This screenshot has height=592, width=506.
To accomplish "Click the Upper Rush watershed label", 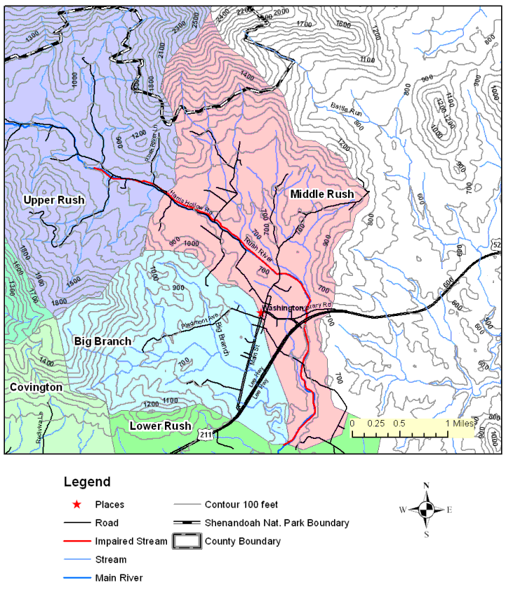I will click(x=54, y=200).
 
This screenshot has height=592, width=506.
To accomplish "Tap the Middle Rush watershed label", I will click(x=321, y=194).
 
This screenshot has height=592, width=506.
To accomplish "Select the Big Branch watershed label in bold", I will click(x=102, y=341).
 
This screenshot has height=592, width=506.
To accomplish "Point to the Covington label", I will click(x=36, y=387).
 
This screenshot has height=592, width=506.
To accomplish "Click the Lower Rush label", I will click(x=160, y=426).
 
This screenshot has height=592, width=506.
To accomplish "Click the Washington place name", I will click(x=284, y=308).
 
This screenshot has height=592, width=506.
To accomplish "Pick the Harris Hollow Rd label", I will click(x=190, y=204).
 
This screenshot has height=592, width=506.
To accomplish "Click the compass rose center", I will click(x=426, y=511).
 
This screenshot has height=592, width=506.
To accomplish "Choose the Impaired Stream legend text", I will click(x=131, y=541).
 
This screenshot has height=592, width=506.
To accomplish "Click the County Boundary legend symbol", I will click(x=186, y=541).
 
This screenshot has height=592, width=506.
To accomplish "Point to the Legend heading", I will click(x=87, y=482).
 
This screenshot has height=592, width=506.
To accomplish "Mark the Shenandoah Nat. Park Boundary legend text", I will click(x=277, y=523).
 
